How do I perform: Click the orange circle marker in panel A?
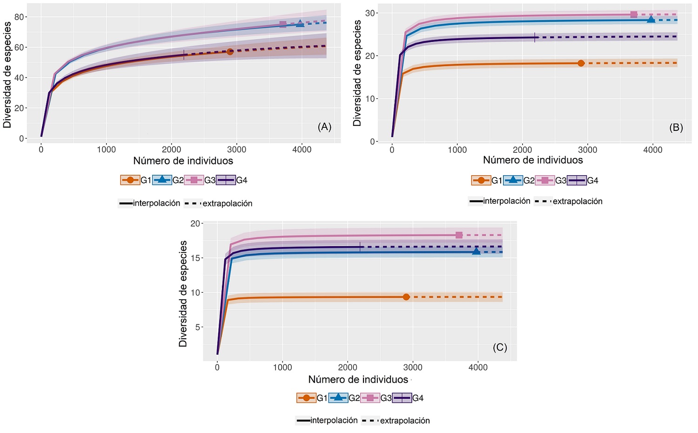coord(230,52)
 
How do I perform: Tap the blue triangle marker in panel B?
coord(651,20)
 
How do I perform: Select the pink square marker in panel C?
coord(459,235)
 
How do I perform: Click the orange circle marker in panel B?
coord(581,63)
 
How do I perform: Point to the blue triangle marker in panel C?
coord(476,252)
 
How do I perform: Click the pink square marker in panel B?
coord(634,14)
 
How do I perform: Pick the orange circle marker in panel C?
coord(406,297)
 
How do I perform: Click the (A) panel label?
coord(324,127)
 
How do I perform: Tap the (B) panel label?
coord(676,127)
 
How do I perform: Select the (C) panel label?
coord(500,347)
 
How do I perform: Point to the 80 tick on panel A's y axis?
coord(19,17)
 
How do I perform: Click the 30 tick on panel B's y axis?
coord(370,13)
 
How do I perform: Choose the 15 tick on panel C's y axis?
coord(195,258)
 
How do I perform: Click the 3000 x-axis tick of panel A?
coord(236,150)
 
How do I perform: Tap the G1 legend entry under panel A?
coord(136,180)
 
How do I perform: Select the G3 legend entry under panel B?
coord(551,180)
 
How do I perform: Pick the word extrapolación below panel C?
coord(405,421)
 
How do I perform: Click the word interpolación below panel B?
coord(507,201)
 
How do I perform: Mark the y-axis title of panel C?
coord(183,294)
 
